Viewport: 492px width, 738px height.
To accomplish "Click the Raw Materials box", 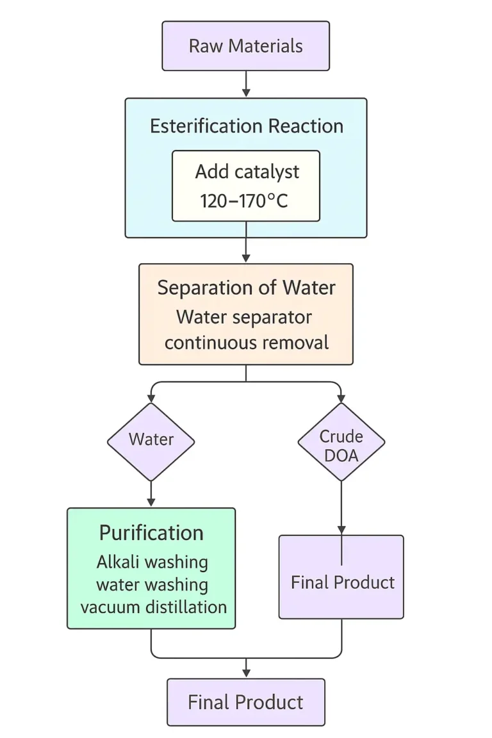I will (x=245, y=46).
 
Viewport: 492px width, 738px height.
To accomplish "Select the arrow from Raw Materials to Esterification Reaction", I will (x=246, y=84).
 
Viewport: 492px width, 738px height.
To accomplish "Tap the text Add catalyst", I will (x=247, y=172).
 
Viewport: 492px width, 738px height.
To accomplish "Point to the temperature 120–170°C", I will (x=244, y=201).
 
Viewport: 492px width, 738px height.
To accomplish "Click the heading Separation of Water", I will (x=246, y=288).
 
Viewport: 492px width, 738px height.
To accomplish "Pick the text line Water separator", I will (x=244, y=316).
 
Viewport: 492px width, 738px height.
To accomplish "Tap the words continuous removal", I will (x=246, y=342).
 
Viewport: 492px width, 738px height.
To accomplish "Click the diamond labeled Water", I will (x=151, y=440).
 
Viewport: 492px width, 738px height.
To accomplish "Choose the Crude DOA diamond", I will (x=341, y=446).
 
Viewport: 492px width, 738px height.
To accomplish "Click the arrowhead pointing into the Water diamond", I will (x=151, y=399).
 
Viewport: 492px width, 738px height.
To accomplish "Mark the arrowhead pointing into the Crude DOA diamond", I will (x=341, y=399).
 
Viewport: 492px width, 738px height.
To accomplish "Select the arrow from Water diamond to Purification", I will (x=151, y=494).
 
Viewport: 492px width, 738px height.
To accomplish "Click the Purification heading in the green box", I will (x=151, y=533).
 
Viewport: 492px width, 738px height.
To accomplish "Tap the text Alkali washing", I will (x=152, y=562).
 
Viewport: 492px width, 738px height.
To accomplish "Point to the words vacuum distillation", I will (x=153, y=606).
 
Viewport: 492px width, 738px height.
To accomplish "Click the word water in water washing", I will (x=118, y=584).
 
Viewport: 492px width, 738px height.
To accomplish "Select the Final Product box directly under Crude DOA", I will (x=341, y=582).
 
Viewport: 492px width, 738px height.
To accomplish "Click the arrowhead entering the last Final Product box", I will (x=246, y=673).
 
